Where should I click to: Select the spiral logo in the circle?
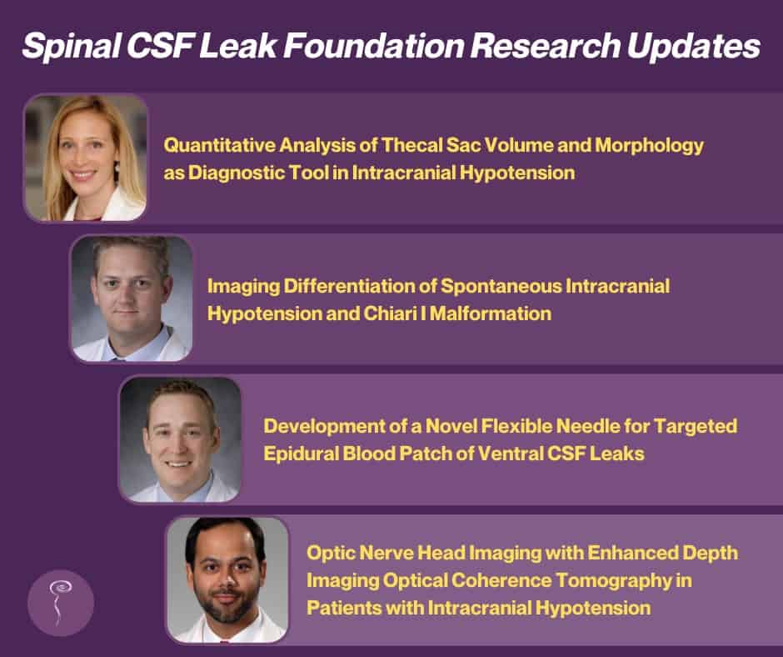tap(59, 602)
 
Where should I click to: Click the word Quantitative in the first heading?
tap(219, 145)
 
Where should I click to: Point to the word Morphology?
tap(649, 146)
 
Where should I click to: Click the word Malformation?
tap(491, 313)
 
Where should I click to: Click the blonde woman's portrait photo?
tap(86, 158)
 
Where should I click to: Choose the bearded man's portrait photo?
tap(227, 580)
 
